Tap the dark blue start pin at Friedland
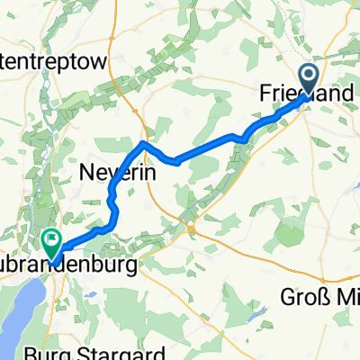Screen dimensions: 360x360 tap(309, 78)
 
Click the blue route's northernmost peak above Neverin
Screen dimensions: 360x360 tap(143, 143)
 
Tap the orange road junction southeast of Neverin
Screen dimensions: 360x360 tap(192, 229)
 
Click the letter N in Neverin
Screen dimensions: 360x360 tap(89, 171)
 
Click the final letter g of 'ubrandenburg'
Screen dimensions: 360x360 tap(137, 268)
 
